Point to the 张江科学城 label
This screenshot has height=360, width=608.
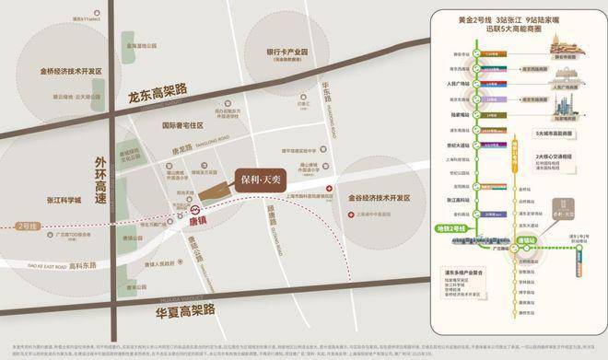click(40, 199)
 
